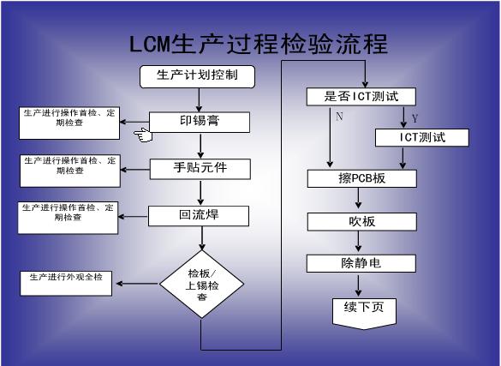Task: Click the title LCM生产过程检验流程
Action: [x=259, y=44]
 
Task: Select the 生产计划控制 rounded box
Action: [x=199, y=76]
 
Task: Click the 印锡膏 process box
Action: [x=200, y=122]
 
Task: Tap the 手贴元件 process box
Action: [x=200, y=168]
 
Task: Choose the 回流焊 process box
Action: [x=200, y=214]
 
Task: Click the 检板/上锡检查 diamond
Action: [x=200, y=283]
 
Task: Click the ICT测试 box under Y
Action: [x=422, y=137]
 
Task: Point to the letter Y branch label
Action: [x=415, y=117]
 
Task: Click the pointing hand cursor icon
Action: [x=141, y=134]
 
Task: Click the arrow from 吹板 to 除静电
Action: [x=360, y=243]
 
